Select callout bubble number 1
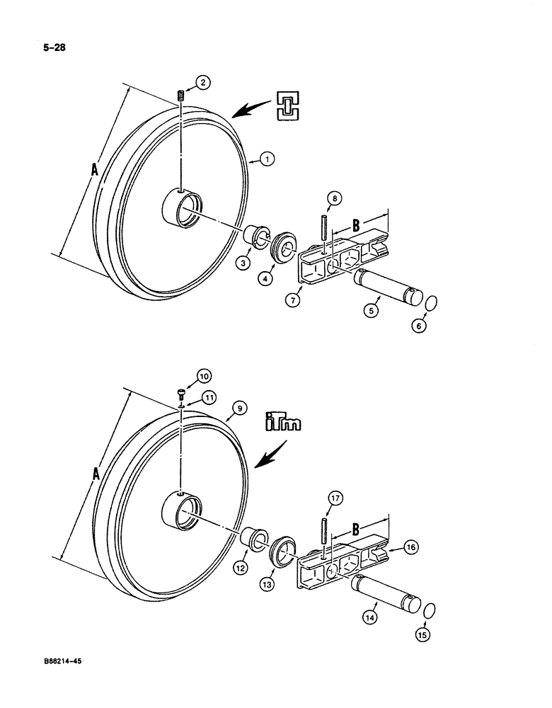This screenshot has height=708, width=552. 266,160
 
